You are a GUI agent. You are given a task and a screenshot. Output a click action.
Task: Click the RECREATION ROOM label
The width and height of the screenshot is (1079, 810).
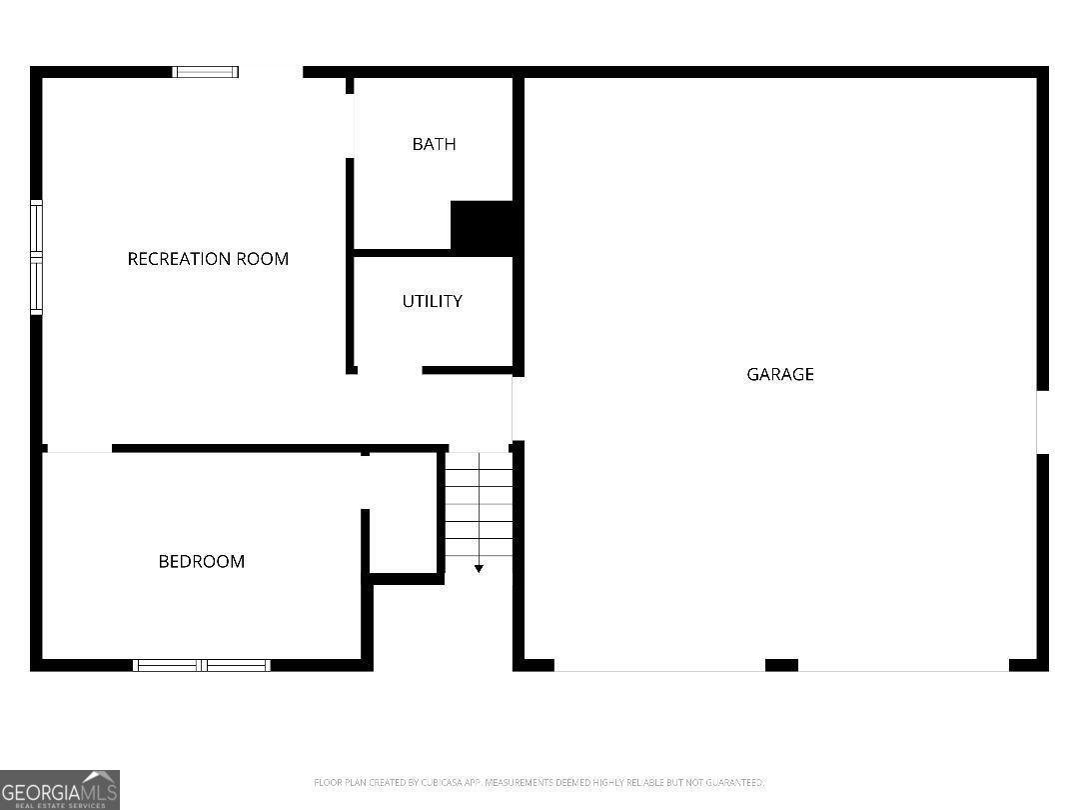pos(208,259)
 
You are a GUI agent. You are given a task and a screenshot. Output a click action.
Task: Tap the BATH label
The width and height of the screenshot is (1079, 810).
pos(434,144)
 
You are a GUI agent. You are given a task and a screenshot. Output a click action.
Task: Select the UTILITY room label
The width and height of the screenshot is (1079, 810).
pos(432,301)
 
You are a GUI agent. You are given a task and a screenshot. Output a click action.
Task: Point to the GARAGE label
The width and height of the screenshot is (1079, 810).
pos(780,374)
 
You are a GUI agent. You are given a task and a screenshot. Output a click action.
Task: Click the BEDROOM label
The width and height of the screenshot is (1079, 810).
pos(202,561)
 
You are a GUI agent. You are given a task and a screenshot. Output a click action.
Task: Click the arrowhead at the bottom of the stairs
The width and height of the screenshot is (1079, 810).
pos(479,568)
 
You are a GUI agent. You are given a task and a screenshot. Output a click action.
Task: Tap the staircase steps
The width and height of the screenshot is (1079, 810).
pos(479,505)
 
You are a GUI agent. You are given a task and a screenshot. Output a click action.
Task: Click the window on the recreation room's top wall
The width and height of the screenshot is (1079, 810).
pos(205,72)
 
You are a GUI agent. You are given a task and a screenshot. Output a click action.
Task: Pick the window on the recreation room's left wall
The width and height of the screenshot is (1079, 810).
pos(37,257)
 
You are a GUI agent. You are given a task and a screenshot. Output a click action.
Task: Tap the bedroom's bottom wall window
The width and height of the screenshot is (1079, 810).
pos(202,665)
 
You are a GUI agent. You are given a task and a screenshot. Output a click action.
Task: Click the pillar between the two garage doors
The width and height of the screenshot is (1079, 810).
pos(781,665)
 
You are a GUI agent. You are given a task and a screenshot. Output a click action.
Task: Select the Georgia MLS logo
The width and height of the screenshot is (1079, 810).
pos(60,789)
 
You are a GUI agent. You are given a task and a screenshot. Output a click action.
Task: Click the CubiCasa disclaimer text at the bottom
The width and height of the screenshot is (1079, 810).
pos(539,782)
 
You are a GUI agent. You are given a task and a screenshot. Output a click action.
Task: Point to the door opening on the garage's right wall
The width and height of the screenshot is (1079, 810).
pos(1042,422)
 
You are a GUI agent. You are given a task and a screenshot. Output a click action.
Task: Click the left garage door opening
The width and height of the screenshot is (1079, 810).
pos(659,668)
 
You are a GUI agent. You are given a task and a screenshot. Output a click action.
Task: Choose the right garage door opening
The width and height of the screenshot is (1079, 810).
pos(903,668)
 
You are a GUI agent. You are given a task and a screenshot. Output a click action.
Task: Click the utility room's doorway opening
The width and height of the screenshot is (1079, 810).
pos(390,371)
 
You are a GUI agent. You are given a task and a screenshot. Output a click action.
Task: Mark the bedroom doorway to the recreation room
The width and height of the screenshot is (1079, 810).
pos(79,449)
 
